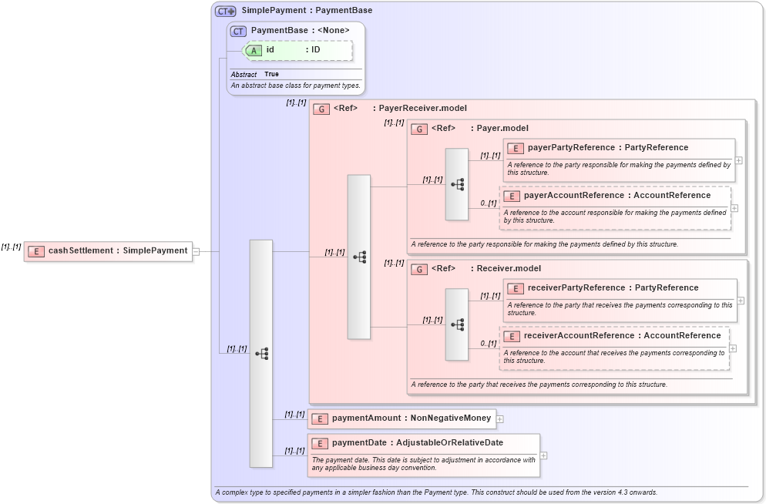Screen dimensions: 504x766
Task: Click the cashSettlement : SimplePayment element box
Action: pyautogui.click(x=108, y=250)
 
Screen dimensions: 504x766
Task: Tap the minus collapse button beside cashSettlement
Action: pyautogui.click(x=197, y=251)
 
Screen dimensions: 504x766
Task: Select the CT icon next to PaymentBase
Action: pyautogui.click(x=238, y=31)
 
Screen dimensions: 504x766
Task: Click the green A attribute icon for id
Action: pyautogui.click(x=254, y=50)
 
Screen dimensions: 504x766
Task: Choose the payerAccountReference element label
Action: pyautogui.click(x=578, y=196)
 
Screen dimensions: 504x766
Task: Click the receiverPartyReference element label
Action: pyautogui.click(x=576, y=288)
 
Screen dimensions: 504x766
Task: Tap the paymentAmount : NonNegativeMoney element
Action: pyautogui.click(x=401, y=418)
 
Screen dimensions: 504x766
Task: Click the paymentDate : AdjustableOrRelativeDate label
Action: pyautogui.click(x=417, y=443)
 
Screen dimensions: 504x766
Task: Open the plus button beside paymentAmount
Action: pyautogui.click(x=500, y=419)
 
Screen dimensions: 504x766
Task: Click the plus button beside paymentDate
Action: pyautogui.click(x=544, y=455)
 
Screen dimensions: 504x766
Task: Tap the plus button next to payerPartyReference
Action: pyautogui.click(x=739, y=160)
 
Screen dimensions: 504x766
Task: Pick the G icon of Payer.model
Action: pyautogui.click(x=419, y=129)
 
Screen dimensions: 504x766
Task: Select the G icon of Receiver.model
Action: pyautogui.click(x=419, y=269)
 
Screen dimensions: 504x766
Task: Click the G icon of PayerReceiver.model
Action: pyautogui.click(x=321, y=109)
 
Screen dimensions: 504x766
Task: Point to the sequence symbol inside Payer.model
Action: pyautogui.click(x=457, y=184)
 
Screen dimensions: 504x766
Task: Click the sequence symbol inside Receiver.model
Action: pyautogui.click(x=457, y=324)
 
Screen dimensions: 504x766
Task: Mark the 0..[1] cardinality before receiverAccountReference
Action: pyautogui.click(x=488, y=344)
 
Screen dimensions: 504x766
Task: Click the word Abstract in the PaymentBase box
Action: pyautogui.click(x=244, y=75)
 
